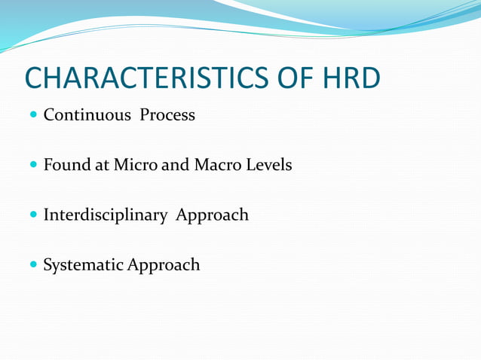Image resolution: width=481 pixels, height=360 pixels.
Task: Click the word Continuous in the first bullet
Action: point(87,115)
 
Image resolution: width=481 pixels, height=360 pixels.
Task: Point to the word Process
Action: point(167,115)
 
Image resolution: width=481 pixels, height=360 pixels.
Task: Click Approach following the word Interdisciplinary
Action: point(212,215)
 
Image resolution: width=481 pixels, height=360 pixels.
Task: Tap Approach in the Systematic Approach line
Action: point(164,265)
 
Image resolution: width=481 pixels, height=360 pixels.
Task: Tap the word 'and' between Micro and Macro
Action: point(175,164)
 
